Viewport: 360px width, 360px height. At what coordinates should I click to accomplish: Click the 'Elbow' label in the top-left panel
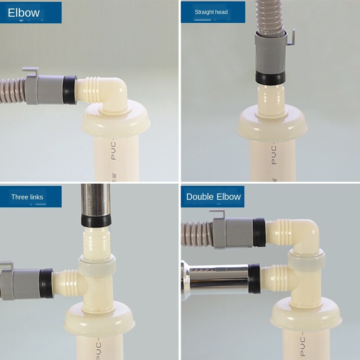click(x=24, y=13)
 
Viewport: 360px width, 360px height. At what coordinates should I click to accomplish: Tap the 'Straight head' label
click(x=211, y=12)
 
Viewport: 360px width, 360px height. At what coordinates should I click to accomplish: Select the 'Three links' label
click(x=27, y=197)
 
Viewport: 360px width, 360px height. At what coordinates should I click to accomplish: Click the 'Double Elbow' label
click(x=213, y=197)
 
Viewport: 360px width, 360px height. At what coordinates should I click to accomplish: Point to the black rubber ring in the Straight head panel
click(x=270, y=77)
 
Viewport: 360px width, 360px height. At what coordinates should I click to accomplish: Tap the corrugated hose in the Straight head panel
click(x=270, y=16)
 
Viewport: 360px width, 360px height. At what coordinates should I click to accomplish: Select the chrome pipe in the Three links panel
click(x=95, y=198)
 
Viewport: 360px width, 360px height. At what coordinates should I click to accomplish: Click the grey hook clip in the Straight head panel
click(x=290, y=38)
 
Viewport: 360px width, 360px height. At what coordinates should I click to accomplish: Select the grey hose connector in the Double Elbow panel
click(x=234, y=233)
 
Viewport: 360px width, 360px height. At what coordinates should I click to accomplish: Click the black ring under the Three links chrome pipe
click(x=95, y=220)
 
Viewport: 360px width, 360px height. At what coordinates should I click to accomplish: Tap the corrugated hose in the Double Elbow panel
click(x=196, y=234)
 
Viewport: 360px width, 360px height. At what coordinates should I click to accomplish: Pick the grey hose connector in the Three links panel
click(x=20, y=283)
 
